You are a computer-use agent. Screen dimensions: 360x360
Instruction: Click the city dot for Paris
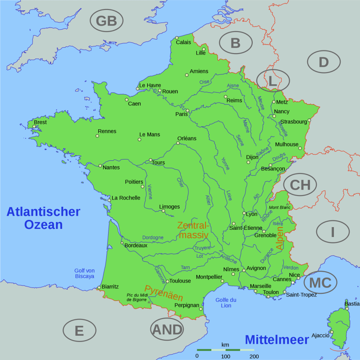point(188,110)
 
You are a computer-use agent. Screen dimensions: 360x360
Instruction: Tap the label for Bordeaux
point(136,246)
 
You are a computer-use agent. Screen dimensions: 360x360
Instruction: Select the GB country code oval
point(106,21)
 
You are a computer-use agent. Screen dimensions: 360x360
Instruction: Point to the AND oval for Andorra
point(167,330)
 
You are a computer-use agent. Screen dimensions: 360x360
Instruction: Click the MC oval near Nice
point(320,283)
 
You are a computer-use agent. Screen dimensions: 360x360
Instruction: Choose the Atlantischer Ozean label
point(43,218)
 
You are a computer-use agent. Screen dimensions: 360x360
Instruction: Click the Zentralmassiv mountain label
point(193,230)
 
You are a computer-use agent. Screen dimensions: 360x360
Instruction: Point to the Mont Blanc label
point(280,207)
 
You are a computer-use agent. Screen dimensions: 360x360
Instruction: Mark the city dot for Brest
point(34,127)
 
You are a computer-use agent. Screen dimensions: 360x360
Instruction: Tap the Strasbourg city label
point(293,122)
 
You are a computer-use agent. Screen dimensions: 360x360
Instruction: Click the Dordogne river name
point(153,237)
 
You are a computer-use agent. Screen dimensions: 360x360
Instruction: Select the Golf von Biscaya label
point(84,273)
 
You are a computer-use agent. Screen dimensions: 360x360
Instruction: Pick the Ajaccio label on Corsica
point(320,335)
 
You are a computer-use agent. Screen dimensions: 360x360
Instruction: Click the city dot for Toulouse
point(167,282)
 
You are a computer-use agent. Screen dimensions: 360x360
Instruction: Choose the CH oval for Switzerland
point(300,185)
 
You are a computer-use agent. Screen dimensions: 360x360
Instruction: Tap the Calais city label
point(183,42)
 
